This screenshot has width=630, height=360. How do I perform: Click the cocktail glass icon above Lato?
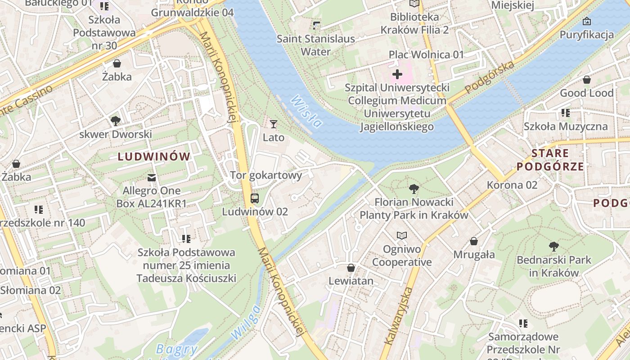tap(274, 124)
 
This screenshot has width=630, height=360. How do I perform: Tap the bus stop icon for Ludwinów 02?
tap(254, 198)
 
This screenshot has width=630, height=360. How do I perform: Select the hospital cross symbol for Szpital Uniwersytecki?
tap(397, 74)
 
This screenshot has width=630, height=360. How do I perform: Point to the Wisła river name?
tap(306, 111)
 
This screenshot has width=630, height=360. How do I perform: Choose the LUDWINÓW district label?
tap(154, 157)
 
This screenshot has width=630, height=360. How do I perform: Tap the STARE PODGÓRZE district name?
tap(550, 160)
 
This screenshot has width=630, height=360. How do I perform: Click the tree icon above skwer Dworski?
tap(116, 121)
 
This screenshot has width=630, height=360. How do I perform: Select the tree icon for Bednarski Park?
tap(554, 246)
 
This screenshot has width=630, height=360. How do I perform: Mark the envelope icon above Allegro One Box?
tap(152, 177)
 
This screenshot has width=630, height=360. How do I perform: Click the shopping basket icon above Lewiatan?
tap(351, 268)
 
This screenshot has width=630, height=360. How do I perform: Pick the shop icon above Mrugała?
tap(474, 241)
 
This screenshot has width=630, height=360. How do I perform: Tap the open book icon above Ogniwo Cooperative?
tap(401, 235)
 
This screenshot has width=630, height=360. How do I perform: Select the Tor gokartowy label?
tap(265, 175)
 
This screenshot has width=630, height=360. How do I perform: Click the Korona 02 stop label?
tap(512, 185)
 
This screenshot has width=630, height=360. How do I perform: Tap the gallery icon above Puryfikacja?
tap(586, 21)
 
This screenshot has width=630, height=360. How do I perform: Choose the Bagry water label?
tap(176, 349)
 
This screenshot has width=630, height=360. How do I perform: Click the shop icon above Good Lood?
tap(586, 80)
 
